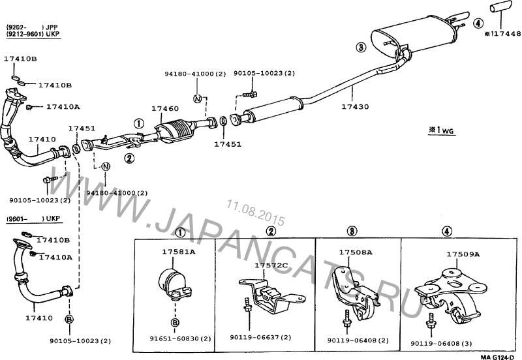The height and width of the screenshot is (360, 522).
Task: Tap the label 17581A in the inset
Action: (x=174, y=252)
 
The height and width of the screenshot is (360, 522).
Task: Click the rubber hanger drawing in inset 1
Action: (x=174, y=284)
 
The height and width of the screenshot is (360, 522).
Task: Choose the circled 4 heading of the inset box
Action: (x=446, y=231)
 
